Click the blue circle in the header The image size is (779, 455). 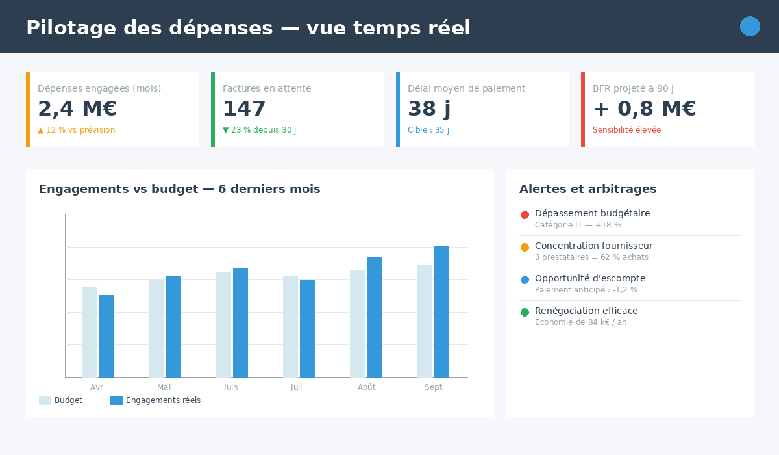[750, 27]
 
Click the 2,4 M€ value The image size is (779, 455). [77, 109]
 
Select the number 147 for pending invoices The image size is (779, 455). [244, 109]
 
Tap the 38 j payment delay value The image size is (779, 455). [429, 109]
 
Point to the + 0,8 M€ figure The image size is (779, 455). [644, 109]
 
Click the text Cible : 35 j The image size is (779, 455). [428, 130]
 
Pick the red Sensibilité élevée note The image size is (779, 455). [626, 130]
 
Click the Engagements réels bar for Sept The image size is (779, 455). [441, 311]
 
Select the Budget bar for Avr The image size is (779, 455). [90, 332]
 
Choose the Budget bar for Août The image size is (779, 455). [357, 323]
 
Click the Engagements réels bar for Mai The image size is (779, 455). [173, 326]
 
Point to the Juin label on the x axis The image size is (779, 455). [230, 387]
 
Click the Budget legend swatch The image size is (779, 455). [45, 400]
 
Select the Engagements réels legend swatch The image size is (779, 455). [116, 400]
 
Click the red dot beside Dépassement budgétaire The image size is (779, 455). [525, 214]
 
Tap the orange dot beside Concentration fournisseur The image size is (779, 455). [525, 247]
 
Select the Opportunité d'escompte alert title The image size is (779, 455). [590, 278]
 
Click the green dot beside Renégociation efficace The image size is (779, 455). [525, 312]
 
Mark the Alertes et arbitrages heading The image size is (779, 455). [587, 189]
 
